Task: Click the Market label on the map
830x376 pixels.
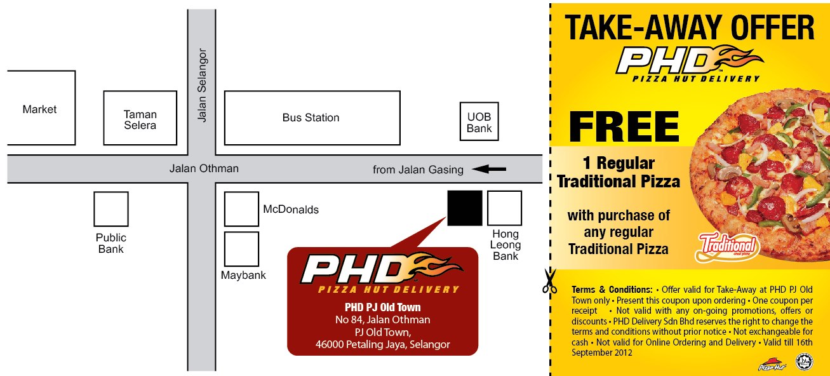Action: tap(39, 109)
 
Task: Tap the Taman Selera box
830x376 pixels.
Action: tap(140, 118)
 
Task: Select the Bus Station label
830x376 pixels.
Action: tap(311, 117)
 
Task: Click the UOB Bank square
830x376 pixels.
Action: tap(479, 122)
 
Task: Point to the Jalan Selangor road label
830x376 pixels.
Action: tap(203, 86)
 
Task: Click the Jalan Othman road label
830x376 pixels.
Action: tap(204, 168)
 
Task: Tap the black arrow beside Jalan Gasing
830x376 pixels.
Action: tap(489, 169)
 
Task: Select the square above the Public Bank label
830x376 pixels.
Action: tap(111, 209)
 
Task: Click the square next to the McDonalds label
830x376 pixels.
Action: tap(241, 209)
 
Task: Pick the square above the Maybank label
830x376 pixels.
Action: tap(241, 249)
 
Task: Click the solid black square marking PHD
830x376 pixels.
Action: tap(465, 208)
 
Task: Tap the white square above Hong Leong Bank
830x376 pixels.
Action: tap(504, 208)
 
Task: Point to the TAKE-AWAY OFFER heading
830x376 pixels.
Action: tap(689, 28)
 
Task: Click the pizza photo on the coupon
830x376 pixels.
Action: tap(762, 178)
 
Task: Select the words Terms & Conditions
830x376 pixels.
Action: tap(612, 290)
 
